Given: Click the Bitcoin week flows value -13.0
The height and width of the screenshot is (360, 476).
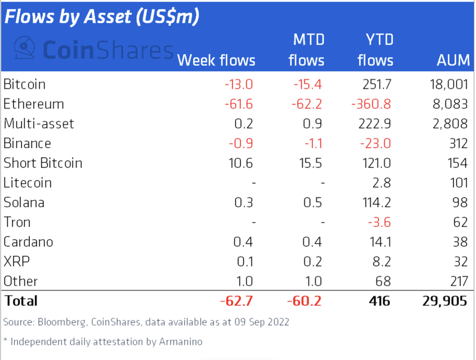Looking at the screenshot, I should (x=239, y=84).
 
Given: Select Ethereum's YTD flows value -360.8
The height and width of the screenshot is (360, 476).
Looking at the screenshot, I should (x=371, y=104).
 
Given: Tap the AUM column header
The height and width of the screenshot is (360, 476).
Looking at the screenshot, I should (x=453, y=60).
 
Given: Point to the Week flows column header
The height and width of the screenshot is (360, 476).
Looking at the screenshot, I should (x=216, y=60).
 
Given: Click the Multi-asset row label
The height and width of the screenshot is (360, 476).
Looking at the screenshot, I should (x=39, y=124).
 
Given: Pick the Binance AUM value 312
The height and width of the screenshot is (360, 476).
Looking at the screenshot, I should (x=458, y=143).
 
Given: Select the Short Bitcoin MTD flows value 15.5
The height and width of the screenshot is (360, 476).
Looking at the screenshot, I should (x=310, y=163).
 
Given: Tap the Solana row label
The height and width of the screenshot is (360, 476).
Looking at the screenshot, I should (x=24, y=202).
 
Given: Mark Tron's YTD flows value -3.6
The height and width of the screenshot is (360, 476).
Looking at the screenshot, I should (x=379, y=222).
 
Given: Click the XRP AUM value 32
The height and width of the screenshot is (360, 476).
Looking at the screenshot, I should (x=460, y=262).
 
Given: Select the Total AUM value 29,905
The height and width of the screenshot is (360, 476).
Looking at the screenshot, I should (x=444, y=301).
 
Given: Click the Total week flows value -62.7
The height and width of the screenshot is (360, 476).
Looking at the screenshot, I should (x=237, y=301).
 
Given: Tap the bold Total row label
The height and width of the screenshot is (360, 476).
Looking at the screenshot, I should (x=21, y=301).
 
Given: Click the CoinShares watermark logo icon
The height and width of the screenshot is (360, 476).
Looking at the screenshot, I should (x=24, y=48).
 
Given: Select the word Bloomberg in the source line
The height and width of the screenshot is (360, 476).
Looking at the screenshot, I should (x=61, y=322).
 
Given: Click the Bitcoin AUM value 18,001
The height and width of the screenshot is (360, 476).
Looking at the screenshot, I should (x=449, y=84).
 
